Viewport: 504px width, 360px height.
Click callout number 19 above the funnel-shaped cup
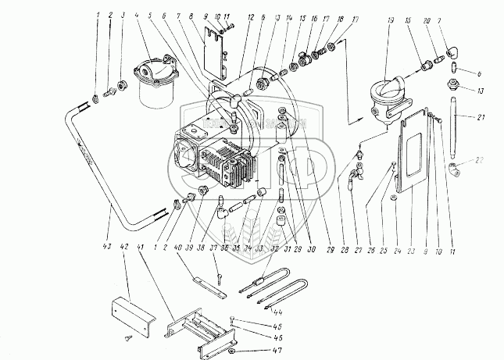click(391, 16)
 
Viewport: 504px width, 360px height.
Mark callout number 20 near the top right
click(426, 16)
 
